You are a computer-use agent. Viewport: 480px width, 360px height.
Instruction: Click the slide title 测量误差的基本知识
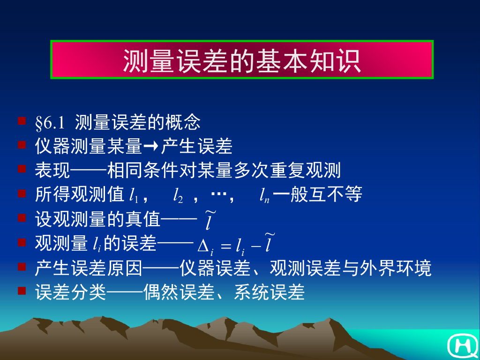(x=242, y=60)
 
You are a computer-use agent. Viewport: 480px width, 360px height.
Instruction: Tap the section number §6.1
(x=49, y=123)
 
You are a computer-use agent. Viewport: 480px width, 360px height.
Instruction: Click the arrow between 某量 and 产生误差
(x=151, y=147)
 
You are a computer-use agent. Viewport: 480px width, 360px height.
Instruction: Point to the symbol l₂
(x=178, y=195)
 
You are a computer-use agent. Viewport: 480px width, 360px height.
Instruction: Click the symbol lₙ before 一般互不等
(x=264, y=195)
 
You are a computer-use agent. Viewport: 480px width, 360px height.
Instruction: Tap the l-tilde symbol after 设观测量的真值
(x=209, y=221)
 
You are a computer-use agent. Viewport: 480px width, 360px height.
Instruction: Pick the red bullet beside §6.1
(x=22, y=121)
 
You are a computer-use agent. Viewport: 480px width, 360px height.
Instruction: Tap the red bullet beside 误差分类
(x=22, y=291)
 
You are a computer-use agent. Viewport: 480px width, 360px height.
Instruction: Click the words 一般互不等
(x=318, y=195)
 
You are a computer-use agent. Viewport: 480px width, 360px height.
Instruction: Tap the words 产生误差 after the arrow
(x=197, y=147)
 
